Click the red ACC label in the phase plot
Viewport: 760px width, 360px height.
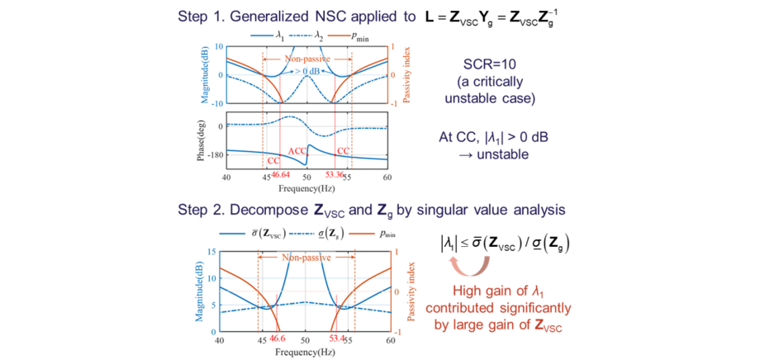pyautogui.click(x=297, y=152)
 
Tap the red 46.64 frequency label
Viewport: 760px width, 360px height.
pyautogui.click(x=281, y=175)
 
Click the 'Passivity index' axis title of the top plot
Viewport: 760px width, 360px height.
pyautogui.click(x=406, y=73)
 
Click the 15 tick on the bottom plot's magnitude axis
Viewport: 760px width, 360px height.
pyautogui.click(x=211, y=252)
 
